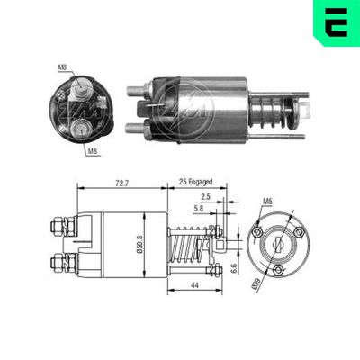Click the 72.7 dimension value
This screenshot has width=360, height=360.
[x=121, y=183]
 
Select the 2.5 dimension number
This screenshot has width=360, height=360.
[x=205, y=196]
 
